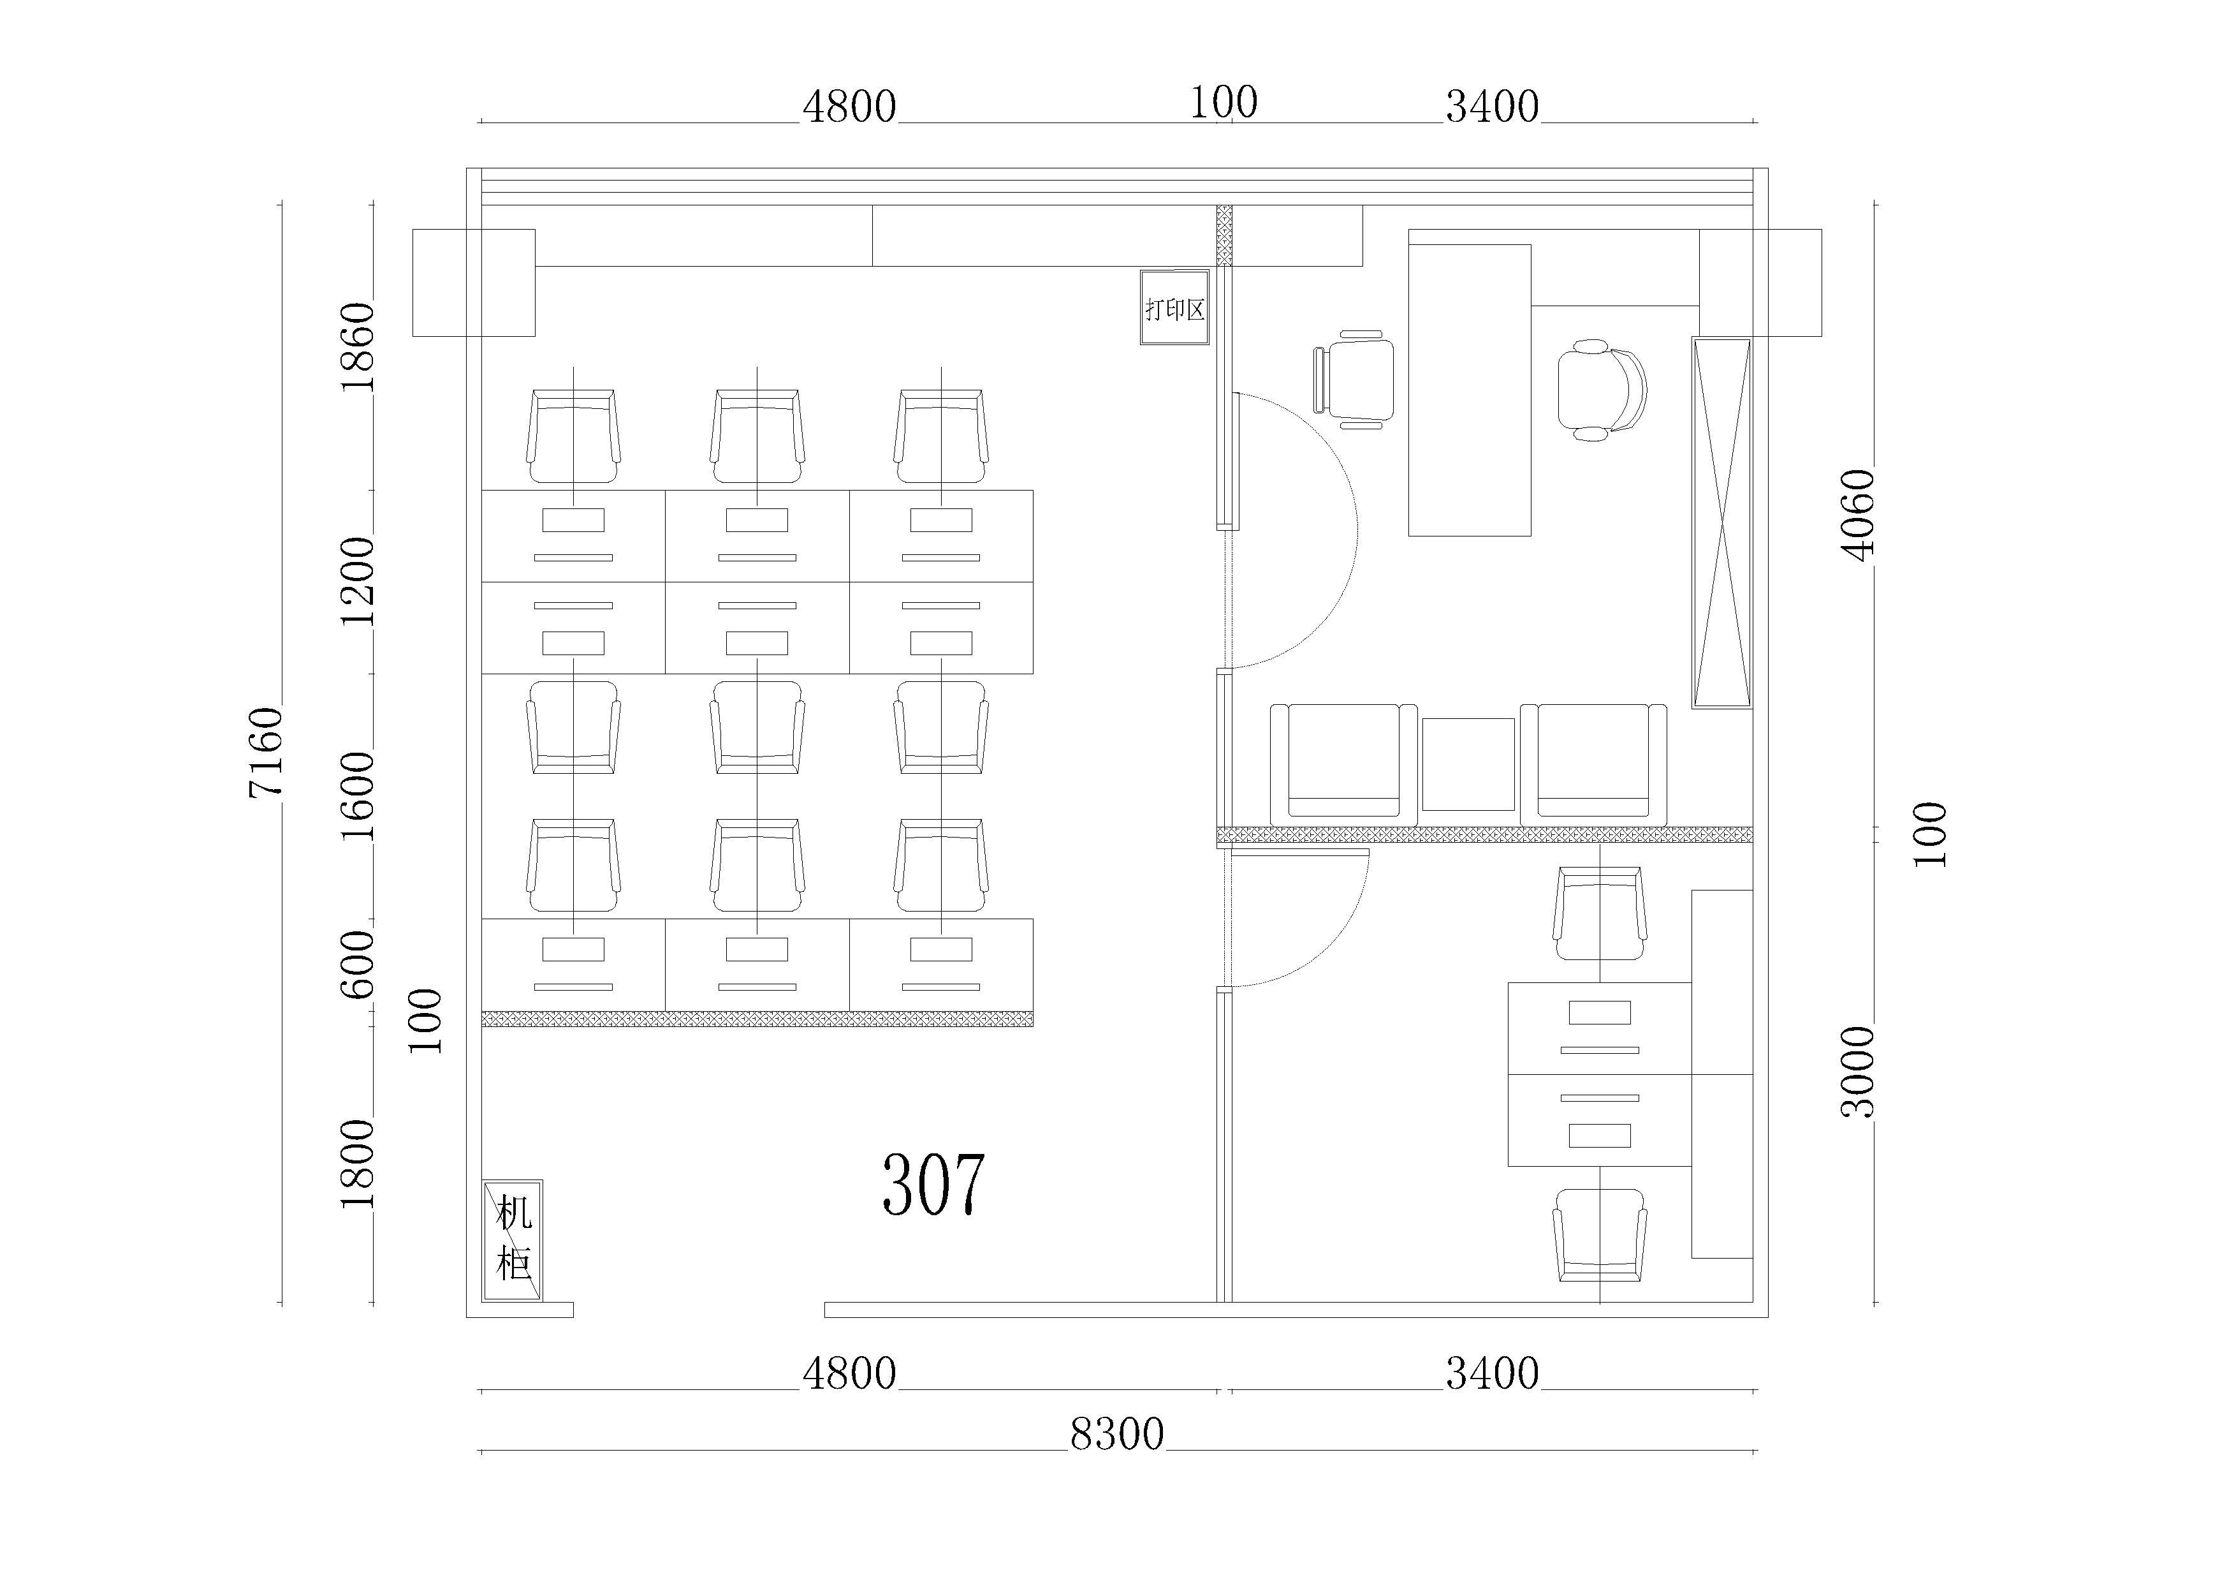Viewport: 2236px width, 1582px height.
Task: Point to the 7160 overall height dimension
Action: point(265,752)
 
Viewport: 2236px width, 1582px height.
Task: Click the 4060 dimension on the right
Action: point(1858,515)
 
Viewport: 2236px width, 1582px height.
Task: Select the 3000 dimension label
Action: point(1858,1072)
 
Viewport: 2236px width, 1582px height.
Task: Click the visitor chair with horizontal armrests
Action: point(1352,380)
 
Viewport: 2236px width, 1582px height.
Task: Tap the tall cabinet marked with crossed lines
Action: point(1722,522)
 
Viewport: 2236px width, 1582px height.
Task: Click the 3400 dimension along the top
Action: point(1492,106)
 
